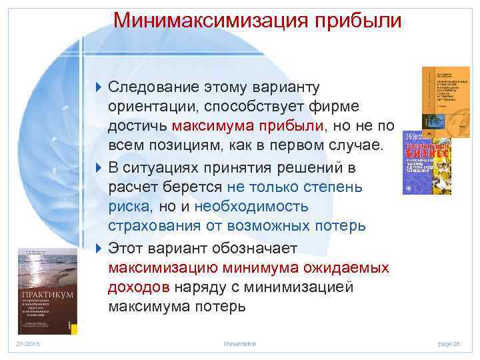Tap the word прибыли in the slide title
[360, 19]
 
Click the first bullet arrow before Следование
[99, 88]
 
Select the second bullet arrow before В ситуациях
[99, 167]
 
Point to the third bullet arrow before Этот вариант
[99, 248]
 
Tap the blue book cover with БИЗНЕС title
[427, 163]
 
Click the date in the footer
[27, 343]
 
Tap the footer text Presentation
[240, 343]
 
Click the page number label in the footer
[449, 343]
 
